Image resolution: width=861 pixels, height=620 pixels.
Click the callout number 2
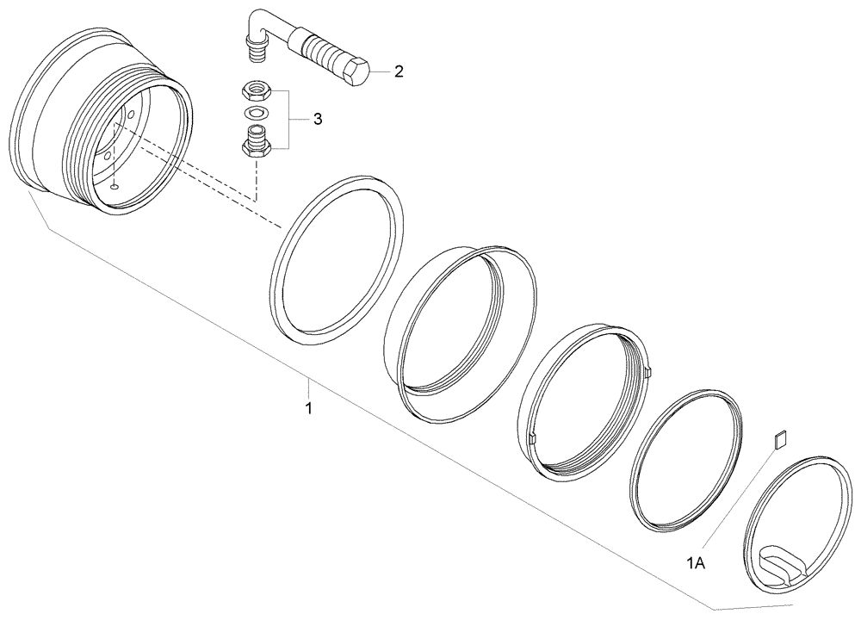point(398,72)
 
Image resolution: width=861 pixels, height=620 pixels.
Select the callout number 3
point(318,119)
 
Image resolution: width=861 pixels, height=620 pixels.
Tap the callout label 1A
point(695,563)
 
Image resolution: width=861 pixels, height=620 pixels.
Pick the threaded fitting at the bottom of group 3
point(255,140)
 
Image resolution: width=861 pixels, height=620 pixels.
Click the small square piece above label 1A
point(779,440)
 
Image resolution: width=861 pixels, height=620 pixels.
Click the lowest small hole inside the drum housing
point(115,185)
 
